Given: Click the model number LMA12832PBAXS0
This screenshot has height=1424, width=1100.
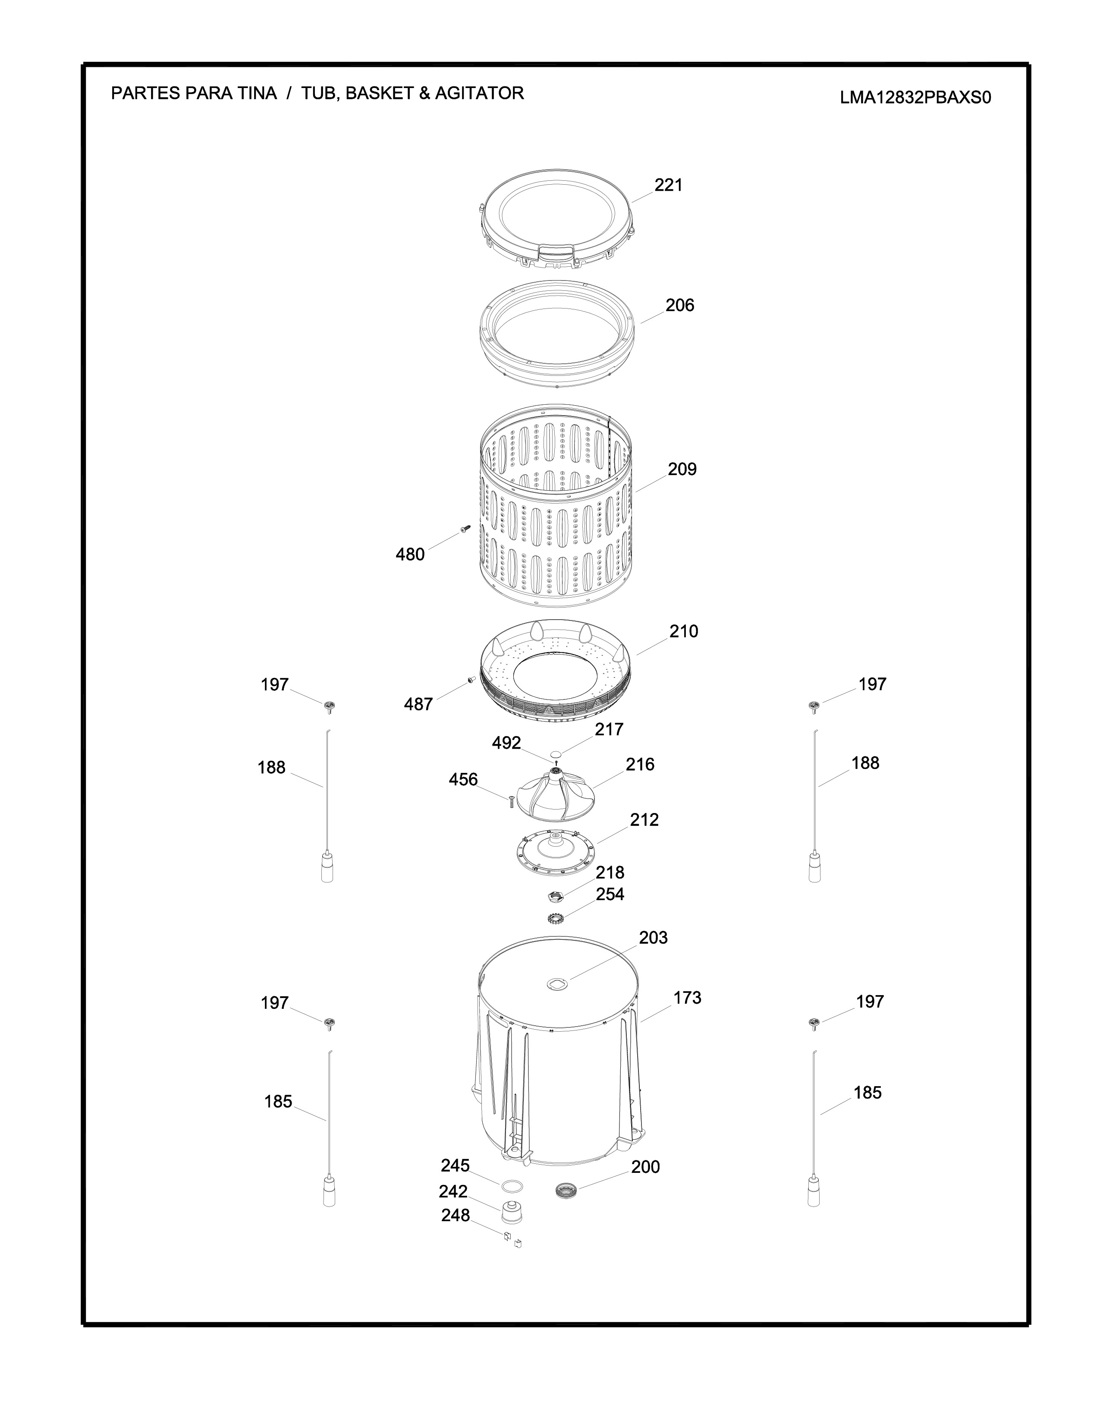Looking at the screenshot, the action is coord(915,98).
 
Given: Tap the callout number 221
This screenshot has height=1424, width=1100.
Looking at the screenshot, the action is coord(669,185).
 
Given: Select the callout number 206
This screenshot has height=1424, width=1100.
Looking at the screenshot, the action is coord(680,305).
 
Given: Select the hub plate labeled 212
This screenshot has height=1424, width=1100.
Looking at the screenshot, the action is coord(555,850).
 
